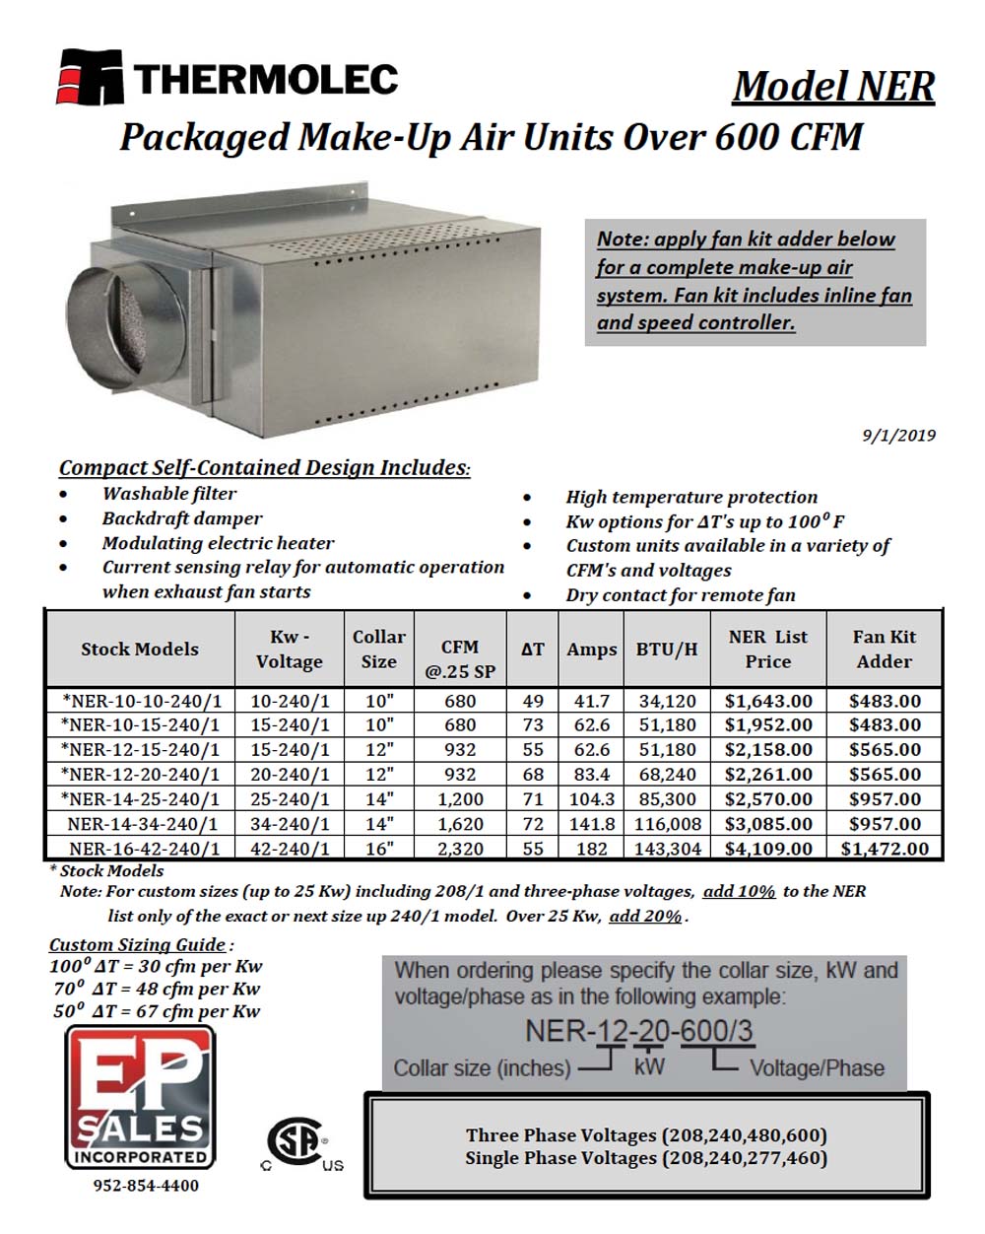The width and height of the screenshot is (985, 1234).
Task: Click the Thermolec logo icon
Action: tap(90, 76)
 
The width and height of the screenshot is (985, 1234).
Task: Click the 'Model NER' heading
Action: tap(833, 86)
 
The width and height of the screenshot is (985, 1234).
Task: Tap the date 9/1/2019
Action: tap(898, 435)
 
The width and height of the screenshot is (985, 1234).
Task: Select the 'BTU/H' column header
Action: tap(667, 650)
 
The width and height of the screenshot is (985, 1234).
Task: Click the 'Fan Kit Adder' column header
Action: tap(884, 650)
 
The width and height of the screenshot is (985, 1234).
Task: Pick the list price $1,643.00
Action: tap(768, 701)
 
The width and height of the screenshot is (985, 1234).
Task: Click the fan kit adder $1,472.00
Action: tap(884, 849)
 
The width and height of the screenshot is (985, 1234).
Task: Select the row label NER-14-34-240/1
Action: tap(144, 824)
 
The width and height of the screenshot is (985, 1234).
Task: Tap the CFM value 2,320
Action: tap(460, 849)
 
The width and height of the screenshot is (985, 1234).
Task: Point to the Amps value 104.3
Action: tap(591, 799)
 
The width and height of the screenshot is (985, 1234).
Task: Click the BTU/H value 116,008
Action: tap(667, 824)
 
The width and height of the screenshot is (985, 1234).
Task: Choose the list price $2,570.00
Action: tap(768, 799)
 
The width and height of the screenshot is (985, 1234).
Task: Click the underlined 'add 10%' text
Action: tap(739, 891)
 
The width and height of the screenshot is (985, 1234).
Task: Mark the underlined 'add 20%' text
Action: tap(645, 916)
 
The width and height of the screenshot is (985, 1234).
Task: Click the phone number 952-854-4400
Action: tap(146, 1186)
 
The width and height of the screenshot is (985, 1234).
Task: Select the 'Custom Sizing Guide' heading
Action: tap(138, 944)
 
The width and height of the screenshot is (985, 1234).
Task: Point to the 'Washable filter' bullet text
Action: tap(169, 494)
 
